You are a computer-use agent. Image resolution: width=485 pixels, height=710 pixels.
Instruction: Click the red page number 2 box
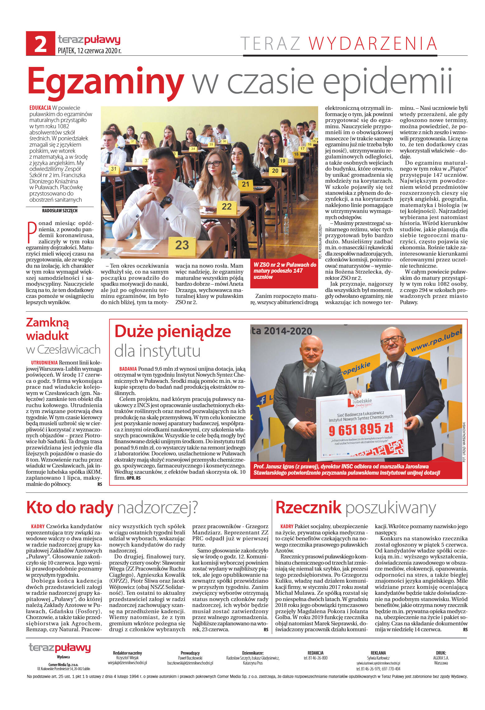(x=40, y=43)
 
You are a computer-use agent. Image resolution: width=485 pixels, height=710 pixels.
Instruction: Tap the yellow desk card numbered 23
(x=182, y=245)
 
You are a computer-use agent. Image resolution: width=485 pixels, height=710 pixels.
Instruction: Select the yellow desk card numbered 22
(x=226, y=206)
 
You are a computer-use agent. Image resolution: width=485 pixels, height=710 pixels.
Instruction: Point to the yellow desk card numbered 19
(x=282, y=161)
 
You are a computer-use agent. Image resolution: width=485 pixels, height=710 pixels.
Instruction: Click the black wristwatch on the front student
(x=166, y=201)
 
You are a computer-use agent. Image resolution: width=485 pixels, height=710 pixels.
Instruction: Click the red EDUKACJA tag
(x=40, y=108)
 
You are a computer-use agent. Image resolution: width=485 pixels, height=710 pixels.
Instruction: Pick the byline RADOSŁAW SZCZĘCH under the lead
(x=60, y=211)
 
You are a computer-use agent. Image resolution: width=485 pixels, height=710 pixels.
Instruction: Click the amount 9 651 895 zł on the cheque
(x=360, y=430)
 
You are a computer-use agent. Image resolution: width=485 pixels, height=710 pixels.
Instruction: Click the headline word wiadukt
(x=47, y=336)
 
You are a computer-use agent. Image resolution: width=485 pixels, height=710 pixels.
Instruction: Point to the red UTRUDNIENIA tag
(x=44, y=363)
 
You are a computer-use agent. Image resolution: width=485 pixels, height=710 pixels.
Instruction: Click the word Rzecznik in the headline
(x=308, y=508)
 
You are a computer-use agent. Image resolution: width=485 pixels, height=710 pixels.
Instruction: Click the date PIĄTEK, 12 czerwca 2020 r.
(x=90, y=50)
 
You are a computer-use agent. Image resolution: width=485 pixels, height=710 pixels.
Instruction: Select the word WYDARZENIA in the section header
(x=373, y=43)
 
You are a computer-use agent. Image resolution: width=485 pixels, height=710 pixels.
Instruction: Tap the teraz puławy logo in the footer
(x=60, y=648)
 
